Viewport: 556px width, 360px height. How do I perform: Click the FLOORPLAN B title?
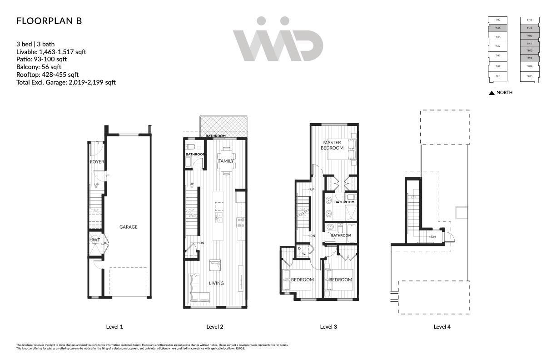pos(49,21)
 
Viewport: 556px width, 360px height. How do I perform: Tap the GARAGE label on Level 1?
pos(128,227)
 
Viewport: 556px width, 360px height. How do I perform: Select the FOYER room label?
pos(97,162)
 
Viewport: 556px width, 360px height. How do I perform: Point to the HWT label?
pos(94,240)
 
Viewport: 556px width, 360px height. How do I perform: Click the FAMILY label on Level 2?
pos(226,161)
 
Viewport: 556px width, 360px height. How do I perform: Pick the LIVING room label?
pos(216,283)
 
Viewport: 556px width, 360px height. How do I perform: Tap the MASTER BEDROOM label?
pos(332,145)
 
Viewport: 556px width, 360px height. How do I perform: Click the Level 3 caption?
pos(328,326)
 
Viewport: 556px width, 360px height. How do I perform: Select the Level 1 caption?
pos(114,326)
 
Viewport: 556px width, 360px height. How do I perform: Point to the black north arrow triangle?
pos(491,93)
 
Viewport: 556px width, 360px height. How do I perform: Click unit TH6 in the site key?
pos(498,28)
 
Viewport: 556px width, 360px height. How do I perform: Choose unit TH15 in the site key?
pos(530,76)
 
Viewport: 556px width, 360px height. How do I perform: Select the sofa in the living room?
pos(194,288)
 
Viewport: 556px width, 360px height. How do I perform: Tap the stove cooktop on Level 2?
pos(240,222)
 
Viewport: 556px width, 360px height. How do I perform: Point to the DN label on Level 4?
pos(433,237)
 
